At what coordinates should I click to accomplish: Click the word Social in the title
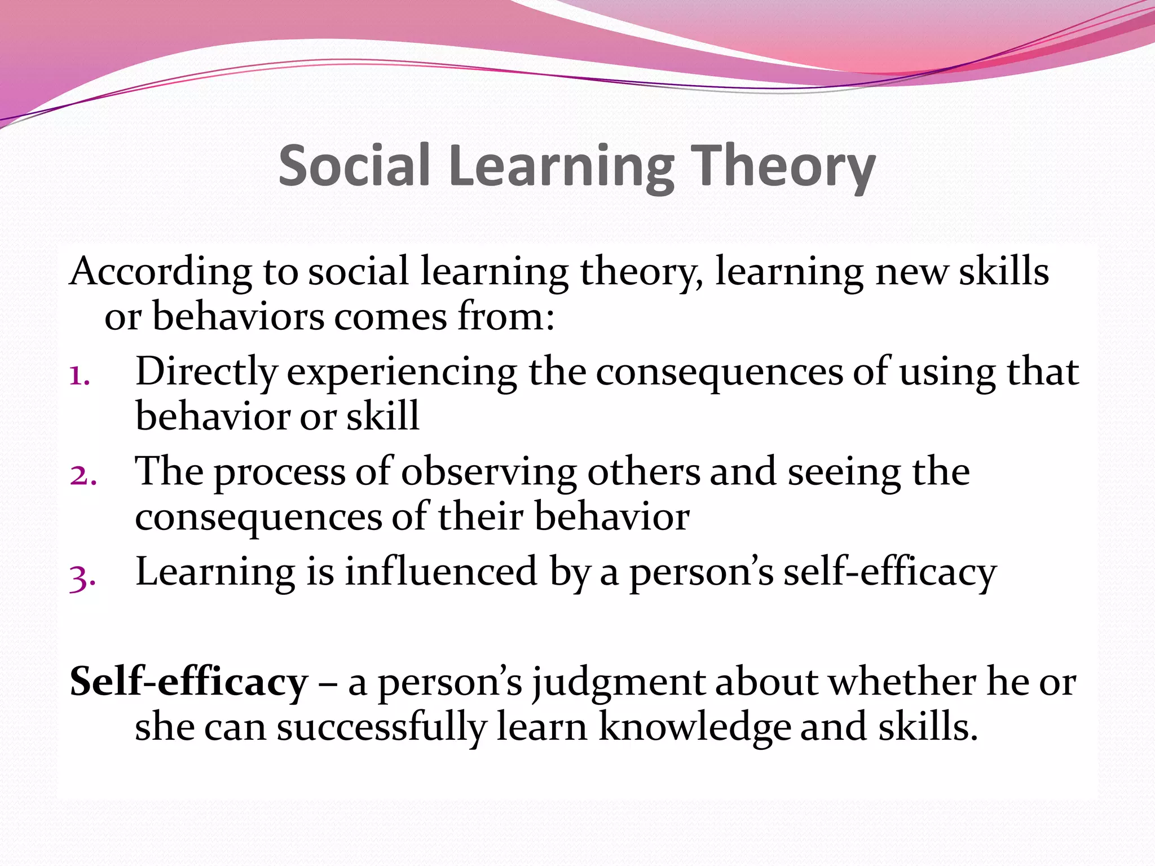354,165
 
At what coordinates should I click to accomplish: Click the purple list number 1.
80,375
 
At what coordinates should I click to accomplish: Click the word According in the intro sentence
160,272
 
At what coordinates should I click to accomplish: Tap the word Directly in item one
206,373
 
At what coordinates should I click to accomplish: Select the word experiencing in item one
402,373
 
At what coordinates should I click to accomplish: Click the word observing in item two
488,472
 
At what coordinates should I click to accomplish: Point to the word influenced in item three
441,572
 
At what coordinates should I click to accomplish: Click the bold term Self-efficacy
188,682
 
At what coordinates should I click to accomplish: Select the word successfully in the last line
381,727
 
